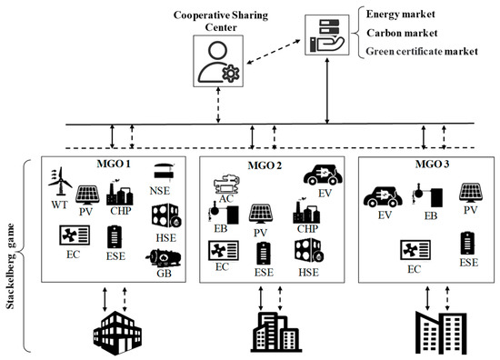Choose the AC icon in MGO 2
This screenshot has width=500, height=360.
(226, 188)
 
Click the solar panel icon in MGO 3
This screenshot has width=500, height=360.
(469, 194)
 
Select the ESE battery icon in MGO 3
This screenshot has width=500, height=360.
(468, 243)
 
